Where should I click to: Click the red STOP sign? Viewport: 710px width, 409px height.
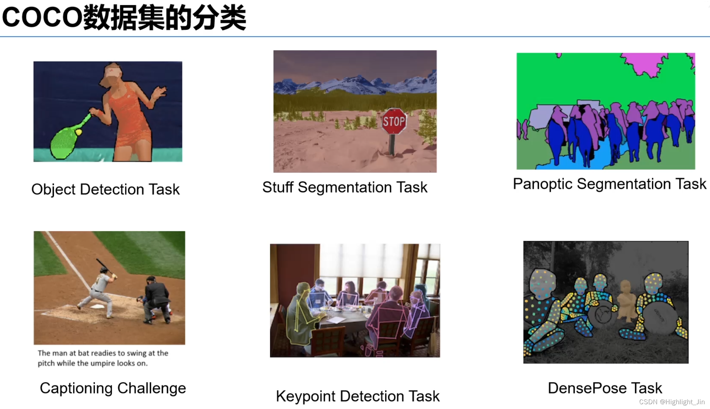pyautogui.click(x=394, y=121)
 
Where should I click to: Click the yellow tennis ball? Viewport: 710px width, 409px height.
pyautogui.click(x=79, y=132)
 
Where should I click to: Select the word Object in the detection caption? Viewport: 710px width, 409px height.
pyautogui.click(x=53, y=190)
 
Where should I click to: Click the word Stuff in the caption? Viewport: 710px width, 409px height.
pyautogui.click(x=278, y=187)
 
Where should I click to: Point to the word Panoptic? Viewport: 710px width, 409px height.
pyautogui.click(x=542, y=184)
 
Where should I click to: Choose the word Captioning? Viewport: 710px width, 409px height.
pyautogui.click(x=76, y=388)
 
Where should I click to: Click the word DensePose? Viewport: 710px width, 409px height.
pyautogui.click(x=587, y=388)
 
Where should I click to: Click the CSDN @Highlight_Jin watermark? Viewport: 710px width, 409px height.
pyautogui.click(x=672, y=402)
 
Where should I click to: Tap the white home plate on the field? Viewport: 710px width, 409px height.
pyautogui.click(x=97, y=306)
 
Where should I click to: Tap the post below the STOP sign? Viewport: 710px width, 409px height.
pyautogui.click(x=392, y=145)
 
